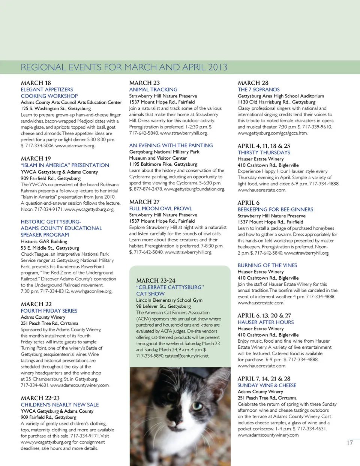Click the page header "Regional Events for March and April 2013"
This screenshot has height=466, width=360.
coord(124,67)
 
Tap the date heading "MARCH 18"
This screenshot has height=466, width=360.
coord(36,83)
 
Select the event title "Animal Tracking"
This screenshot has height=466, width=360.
coord(153,90)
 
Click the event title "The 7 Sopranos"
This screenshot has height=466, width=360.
coord(258,90)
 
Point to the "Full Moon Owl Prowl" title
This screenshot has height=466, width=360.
coord(160,208)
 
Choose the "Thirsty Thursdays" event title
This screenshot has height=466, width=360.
coord(264,153)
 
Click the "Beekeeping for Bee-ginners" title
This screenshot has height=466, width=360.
coord(275,210)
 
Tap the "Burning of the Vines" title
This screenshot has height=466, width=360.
coord(267,265)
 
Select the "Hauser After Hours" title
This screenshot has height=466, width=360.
coord(265,322)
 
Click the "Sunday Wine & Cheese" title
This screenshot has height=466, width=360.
coord(267,385)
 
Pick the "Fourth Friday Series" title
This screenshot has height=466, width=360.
coord(49,311)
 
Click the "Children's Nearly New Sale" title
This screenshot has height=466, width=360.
coord(60,405)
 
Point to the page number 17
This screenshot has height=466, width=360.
coord(349,443)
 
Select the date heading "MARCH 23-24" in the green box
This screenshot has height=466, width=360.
coord(156,280)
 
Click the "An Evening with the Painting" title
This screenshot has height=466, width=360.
coord(171,145)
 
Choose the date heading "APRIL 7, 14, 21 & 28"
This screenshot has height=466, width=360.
coord(264,379)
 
